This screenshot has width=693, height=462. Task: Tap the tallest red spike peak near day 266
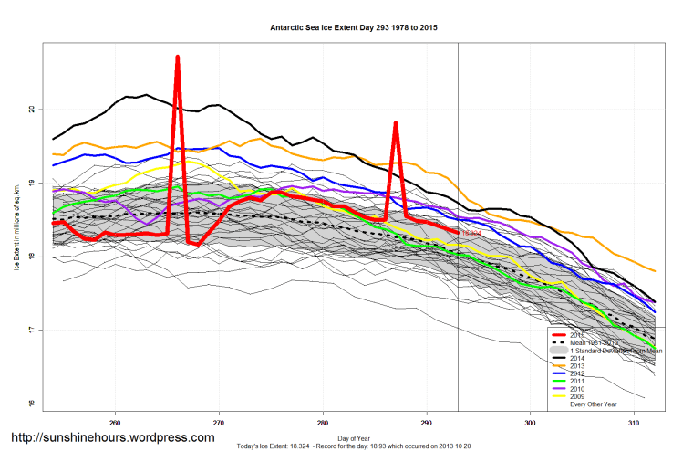point(177,58)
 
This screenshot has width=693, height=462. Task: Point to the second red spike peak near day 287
point(395,122)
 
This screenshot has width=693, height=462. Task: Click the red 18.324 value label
point(471,234)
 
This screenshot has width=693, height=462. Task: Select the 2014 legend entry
point(574,359)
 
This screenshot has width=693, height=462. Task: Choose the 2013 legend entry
point(574,367)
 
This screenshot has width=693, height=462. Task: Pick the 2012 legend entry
point(574,375)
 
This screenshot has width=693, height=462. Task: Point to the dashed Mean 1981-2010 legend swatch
point(555,343)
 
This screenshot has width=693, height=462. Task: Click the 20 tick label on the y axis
point(32,110)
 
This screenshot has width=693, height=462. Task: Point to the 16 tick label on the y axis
point(32,404)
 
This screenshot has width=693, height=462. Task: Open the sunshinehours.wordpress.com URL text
point(112,438)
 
